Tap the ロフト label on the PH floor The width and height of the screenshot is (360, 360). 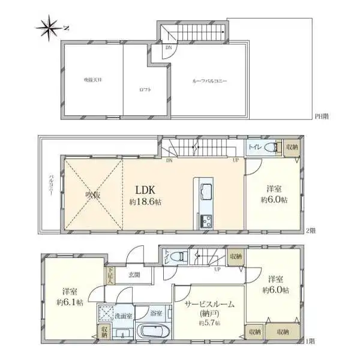click(x=145, y=89)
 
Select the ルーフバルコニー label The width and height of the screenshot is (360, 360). click(x=209, y=80)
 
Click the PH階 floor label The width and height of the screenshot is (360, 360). click(x=320, y=116)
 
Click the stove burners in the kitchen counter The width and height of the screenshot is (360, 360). click(x=205, y=219)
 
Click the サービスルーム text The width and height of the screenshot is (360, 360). click(x=208, y=304)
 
